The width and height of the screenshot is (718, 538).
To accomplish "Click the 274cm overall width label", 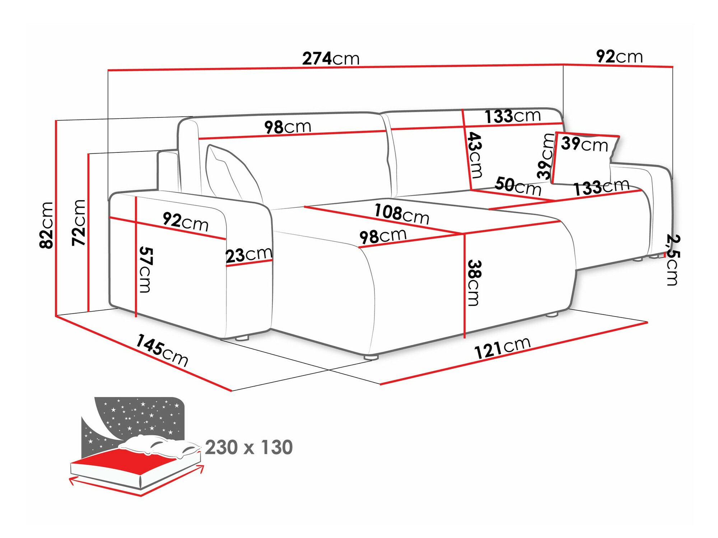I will click(x=331, y=59).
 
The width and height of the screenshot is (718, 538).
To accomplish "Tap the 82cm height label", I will click(x=47, y=225).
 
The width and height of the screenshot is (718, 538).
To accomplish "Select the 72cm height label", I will click(x=79, y=223).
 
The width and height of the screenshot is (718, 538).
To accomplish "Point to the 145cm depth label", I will click(x=162, y=350).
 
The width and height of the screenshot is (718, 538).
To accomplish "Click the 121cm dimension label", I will click(x=502, y=348).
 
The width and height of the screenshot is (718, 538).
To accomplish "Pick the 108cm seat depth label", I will click(x=402, y=214).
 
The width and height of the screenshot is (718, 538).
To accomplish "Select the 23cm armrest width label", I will click(x=249, y=255).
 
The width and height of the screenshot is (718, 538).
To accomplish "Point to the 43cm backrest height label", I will click(x=475, y=155).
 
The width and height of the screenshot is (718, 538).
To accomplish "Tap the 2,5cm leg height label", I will click(x=672, y=260).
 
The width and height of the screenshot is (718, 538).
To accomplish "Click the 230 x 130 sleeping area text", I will click(x=249, y=447).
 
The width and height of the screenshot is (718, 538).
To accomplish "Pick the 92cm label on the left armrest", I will click(x=185, y=222).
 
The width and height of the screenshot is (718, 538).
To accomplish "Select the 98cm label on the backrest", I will click(x=288, y=127).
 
